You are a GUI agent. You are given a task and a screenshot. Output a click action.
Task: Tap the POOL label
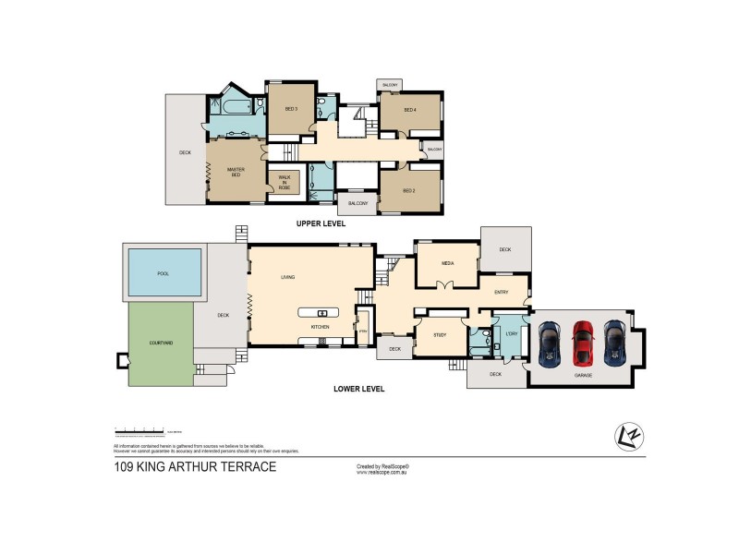click(x=164, y=274)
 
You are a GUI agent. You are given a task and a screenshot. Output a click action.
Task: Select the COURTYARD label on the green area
click(x=160, y=343)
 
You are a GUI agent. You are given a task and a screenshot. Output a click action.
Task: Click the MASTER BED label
click(x=235, y=172)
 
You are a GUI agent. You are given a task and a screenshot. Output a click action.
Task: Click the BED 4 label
click(x=410, y=110)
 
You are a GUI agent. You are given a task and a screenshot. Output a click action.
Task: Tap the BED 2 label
click(x=410, y=190)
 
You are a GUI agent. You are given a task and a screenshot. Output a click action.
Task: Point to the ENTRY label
click(x=502, y=293)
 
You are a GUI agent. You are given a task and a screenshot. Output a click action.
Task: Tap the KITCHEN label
click(x=320, y=327)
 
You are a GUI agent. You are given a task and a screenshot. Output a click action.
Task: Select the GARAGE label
click(x=583, y=376)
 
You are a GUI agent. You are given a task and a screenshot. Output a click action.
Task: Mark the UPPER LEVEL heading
click(x=321, y=223)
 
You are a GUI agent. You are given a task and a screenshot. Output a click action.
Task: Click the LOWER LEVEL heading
click(x=358, y=389)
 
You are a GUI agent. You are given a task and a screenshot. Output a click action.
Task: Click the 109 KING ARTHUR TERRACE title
click(x=195, y=467)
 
